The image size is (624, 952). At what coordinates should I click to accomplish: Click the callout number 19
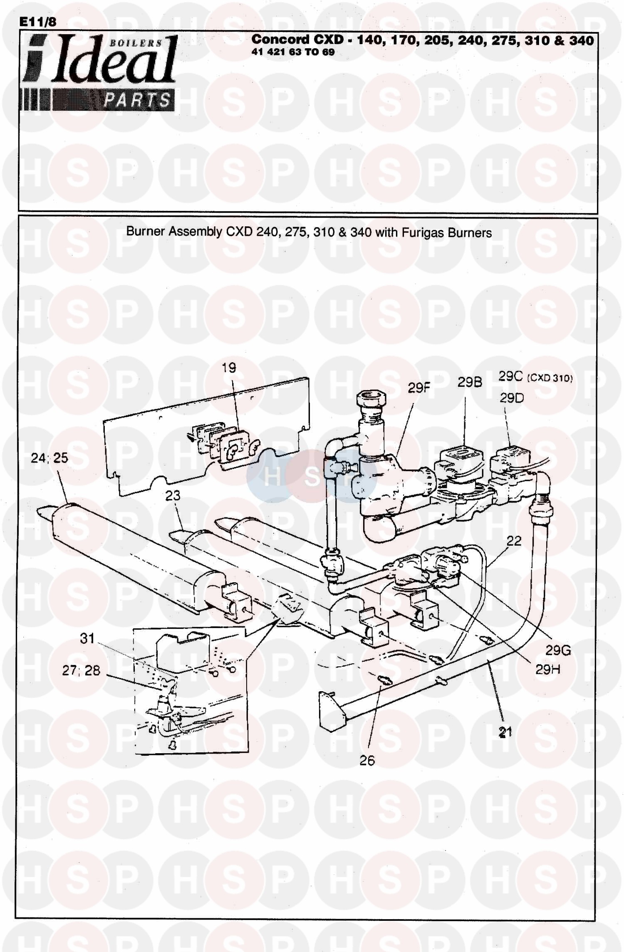tap(229, 368)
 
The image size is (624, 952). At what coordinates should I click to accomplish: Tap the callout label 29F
tap(418, 388)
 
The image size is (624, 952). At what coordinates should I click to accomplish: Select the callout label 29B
tap(470, 382)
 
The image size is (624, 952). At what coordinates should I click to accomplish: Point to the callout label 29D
tap(512, 398)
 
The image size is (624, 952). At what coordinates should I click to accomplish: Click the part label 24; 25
tap(49, 458)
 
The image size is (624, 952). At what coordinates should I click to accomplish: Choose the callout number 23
tap(173, 495)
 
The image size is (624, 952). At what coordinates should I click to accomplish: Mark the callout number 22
tap(514, 541)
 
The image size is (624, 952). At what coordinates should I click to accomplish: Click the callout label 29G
tap(558, 650)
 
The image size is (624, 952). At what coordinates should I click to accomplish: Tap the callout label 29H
tap(547, 669)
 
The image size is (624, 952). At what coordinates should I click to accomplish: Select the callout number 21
tap(505, 732)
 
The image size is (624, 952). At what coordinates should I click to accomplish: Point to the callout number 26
tap(367, 761)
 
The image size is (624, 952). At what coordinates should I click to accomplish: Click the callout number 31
tap(87, 638)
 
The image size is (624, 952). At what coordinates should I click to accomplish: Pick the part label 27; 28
tap(81, 670)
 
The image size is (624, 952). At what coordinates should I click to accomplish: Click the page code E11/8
tap(38, 22)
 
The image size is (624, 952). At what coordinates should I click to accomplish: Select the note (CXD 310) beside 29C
tap(550, 378)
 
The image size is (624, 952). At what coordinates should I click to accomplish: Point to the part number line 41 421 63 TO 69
tap(293, 52)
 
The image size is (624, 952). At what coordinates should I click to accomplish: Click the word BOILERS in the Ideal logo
tap(136, 43)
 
